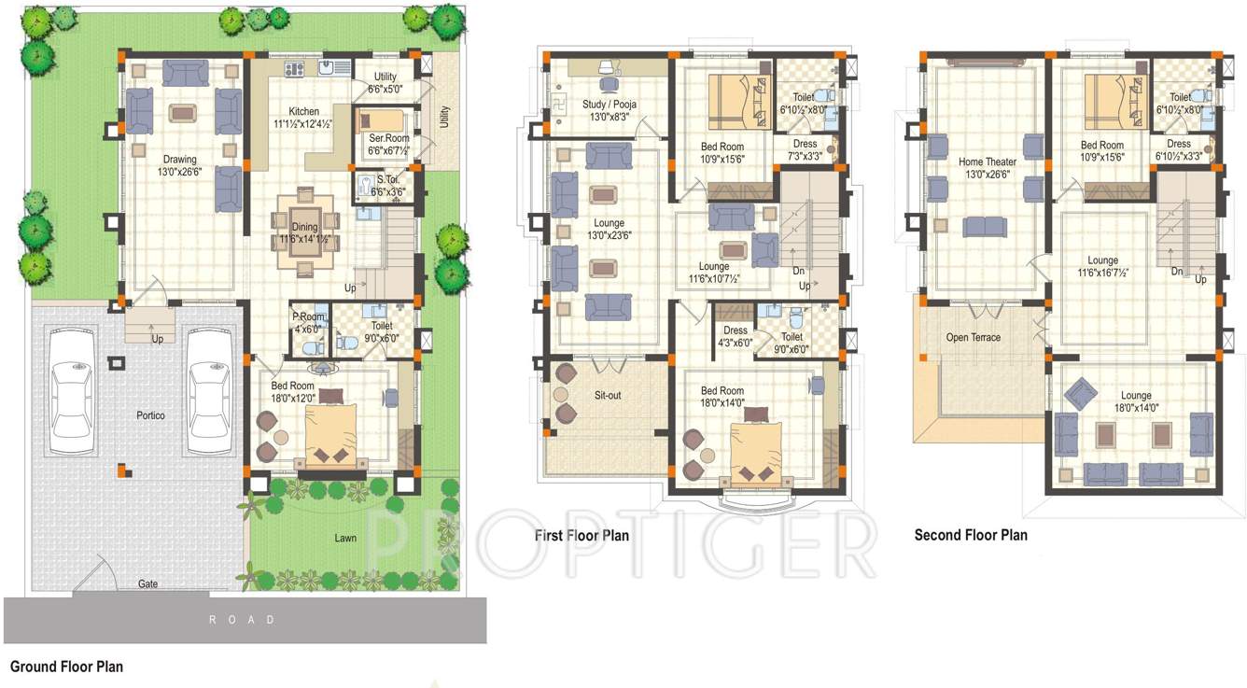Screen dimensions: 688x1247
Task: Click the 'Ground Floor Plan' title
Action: (x=66, y=667)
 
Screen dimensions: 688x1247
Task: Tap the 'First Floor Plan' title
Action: (x=581, y=536)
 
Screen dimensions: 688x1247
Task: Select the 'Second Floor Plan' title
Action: (x=971, y=535)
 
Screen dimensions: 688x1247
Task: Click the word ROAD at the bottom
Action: (x=242, y=620)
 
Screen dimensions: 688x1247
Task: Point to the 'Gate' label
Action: (x=147, y=583)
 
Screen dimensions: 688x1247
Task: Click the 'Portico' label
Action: (x=150, y=415)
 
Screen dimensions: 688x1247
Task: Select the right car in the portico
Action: (x=209, y=394)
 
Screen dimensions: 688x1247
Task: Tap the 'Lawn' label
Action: (x=346, y=538)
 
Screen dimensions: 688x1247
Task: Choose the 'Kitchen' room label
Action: (x=303, y=111)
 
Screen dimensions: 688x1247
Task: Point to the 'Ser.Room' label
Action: (x=388, y=139)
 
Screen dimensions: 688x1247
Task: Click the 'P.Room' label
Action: (x=307, y=316)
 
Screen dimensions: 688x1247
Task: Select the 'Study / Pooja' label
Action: (x=609, y=105)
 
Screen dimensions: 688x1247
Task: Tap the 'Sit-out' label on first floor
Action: (x=608, y=396)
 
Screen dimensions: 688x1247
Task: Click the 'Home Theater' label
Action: (x=988, y=162)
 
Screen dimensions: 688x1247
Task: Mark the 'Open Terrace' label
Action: (x=973, y=337)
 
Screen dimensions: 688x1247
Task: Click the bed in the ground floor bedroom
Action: (x=326, y=435)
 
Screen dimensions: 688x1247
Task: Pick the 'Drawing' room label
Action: (x=180, y=159)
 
